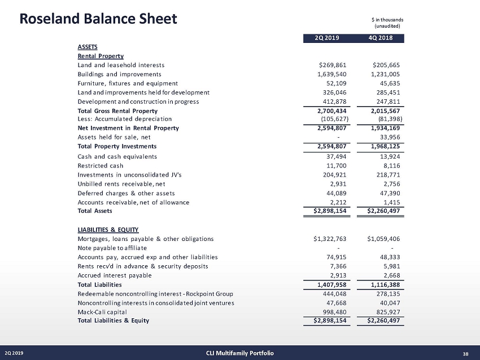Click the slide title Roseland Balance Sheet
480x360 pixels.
click(x=98, y=19)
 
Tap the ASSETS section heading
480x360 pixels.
click(x=88, y=47)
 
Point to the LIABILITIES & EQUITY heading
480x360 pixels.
click(x=106, y=230)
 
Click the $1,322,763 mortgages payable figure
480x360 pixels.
click(x=334, y=239)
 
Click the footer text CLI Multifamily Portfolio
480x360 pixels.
click(x=240, y=353)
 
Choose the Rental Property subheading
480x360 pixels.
click(x=101, y=56)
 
